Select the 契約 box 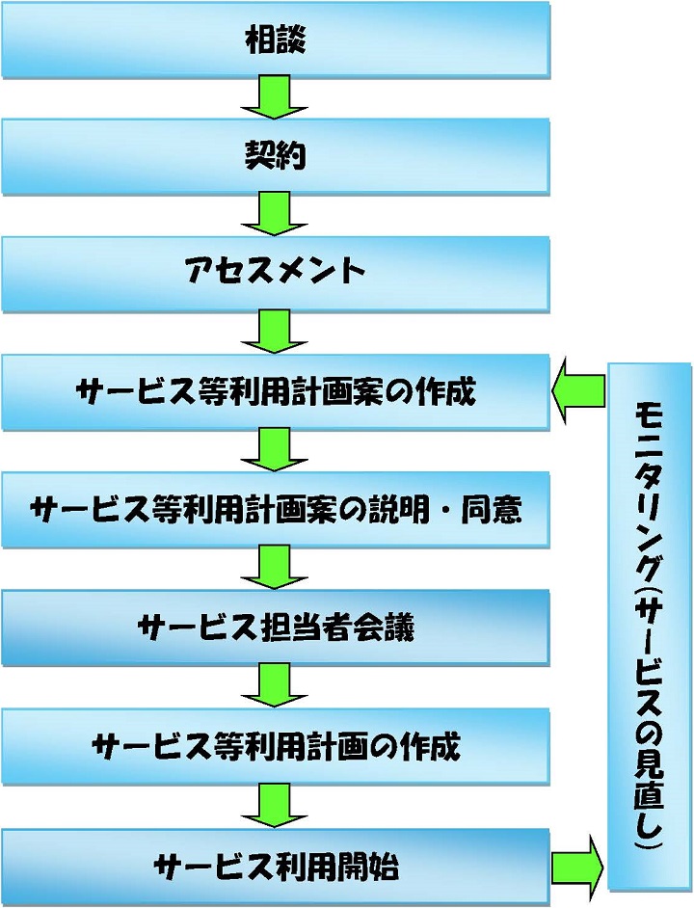click(x=276, y=157)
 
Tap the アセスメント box click(x=276, y=274)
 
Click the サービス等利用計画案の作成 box click(x=276, y=392)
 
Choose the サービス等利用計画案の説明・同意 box click(x=276, y=510)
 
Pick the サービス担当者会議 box click(x=276, y=628)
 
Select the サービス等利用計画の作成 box click(x=276, y=746)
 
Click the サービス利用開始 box click(x=276, y=865)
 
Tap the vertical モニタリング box click(x=650, y=627)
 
